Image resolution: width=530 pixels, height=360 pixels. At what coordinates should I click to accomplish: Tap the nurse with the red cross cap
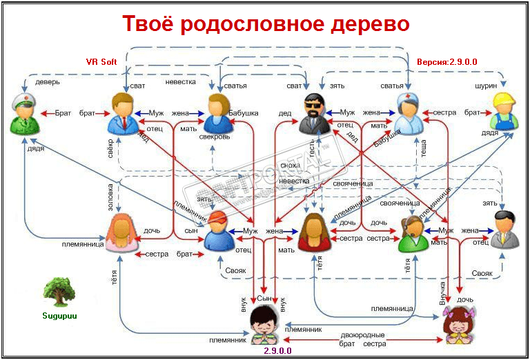tap(408, 113)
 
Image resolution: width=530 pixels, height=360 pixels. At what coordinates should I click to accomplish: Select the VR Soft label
tap(101, 61)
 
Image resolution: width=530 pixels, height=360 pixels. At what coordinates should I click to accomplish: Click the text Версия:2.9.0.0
tap(447, 61)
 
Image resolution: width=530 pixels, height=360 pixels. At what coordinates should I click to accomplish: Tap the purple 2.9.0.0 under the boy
tap(277, 351)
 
